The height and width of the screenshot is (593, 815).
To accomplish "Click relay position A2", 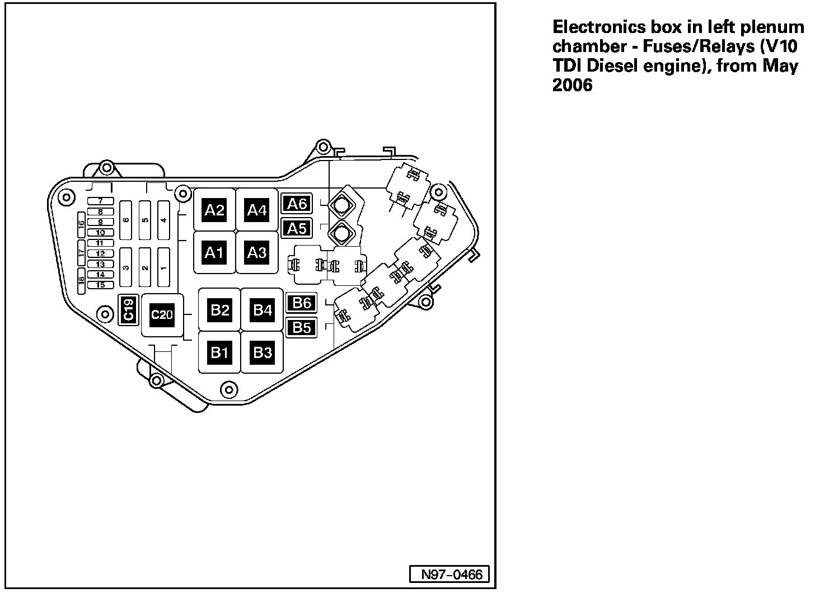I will point(214,210).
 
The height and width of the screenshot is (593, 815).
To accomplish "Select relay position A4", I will point(257,210).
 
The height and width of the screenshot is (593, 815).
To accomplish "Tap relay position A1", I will point(214,253).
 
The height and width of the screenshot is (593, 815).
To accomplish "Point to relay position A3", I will point(257,253).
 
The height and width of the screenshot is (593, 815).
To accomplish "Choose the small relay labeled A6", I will point(297,204).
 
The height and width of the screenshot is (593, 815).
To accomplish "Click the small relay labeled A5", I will point(297,228).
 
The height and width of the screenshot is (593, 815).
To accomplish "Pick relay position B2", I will point(219,309).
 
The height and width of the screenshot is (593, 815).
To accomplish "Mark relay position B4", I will point(262,309).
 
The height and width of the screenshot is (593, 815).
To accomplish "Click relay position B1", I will point(219,352).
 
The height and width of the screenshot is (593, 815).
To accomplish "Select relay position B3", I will point(262,352).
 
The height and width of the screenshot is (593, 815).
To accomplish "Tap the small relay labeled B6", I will point(302,303).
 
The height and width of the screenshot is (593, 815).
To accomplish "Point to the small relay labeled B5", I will point(302,327).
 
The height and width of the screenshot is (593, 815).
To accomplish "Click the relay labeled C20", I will point(162,315).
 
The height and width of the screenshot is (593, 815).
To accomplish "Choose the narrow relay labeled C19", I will point(128,309).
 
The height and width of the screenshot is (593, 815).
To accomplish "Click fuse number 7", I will point(100,201).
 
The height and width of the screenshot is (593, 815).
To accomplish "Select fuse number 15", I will point(100,285).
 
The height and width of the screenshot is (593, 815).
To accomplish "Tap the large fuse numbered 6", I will point(127,219).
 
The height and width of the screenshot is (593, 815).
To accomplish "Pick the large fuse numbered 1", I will point(163,267).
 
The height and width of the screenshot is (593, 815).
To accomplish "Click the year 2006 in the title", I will point(572,86).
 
